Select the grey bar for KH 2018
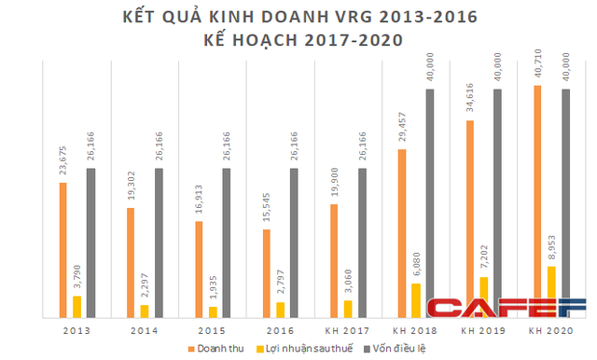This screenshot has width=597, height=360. (x=430, y=196)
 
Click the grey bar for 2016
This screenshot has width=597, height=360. (x=295, y=242)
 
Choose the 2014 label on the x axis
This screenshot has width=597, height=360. (x=145, y=331)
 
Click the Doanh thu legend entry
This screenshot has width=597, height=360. (x=220, y=348)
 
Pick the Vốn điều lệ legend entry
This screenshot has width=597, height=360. (x=391, y=348)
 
